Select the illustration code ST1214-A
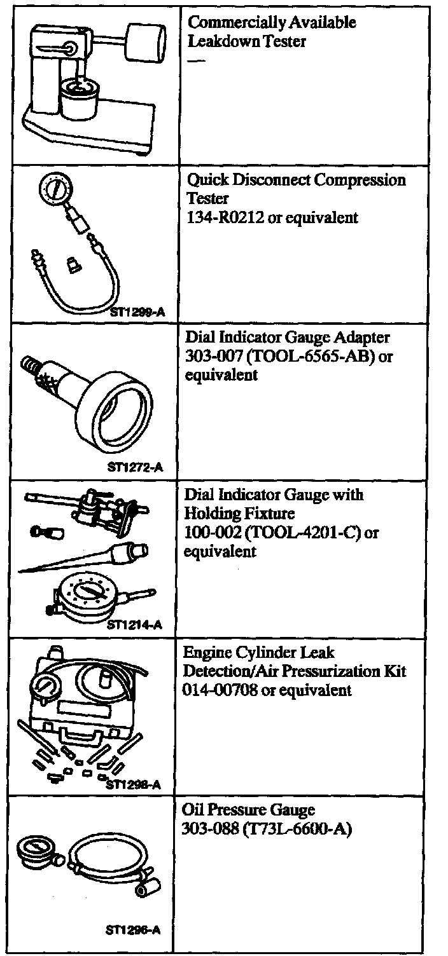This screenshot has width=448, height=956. click(134, 625)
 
